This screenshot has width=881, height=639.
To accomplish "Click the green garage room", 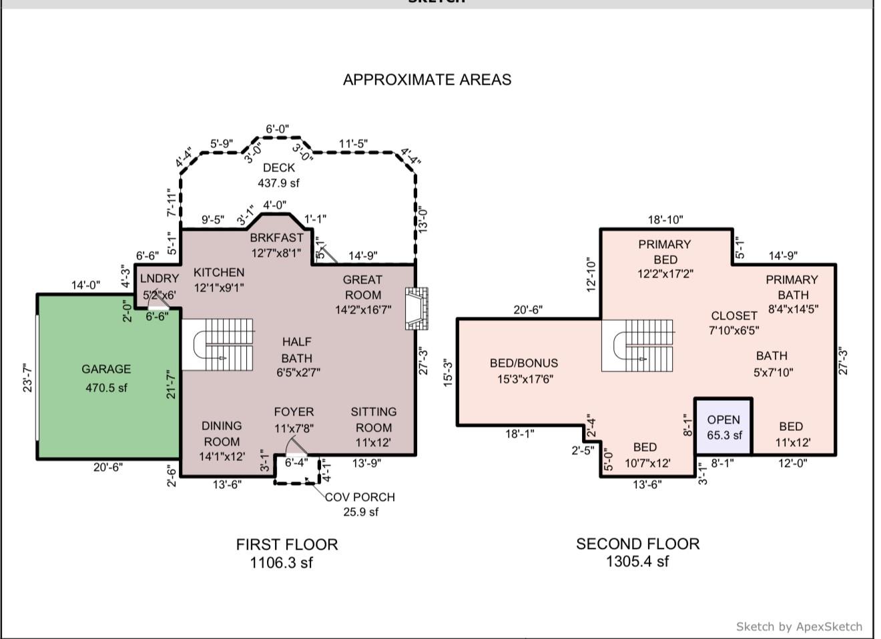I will click(x=107, y=378).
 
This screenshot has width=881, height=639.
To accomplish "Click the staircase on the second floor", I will click(x=637, y=345).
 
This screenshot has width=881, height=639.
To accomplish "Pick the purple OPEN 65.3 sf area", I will click(x=723, y=427).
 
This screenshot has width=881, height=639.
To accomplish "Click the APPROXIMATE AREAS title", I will click(x=427, y=79).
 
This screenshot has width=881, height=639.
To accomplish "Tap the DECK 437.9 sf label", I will click(x=278, y=175).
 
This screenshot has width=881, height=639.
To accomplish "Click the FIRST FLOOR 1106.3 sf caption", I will click(x=286, y=553).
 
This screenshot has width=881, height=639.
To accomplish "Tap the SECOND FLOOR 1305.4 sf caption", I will click(x=637, y=552).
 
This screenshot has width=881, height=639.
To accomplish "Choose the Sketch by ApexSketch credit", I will click(x=799, y=626).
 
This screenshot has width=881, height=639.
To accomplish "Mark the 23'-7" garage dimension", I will click(x=27, y=378).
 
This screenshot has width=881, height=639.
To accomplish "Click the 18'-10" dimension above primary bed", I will click(x=665, y=220).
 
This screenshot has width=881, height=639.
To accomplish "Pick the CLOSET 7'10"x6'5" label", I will click(x=733, y=322).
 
